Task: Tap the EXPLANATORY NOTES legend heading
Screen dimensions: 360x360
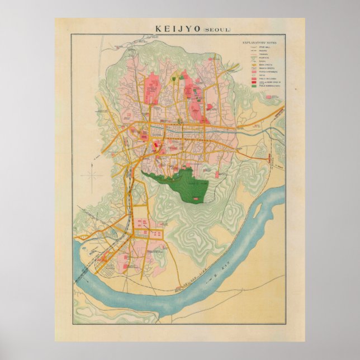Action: coord(260,42)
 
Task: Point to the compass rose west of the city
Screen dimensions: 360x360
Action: coord(92,176)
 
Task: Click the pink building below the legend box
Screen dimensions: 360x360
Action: coord(274,97)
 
